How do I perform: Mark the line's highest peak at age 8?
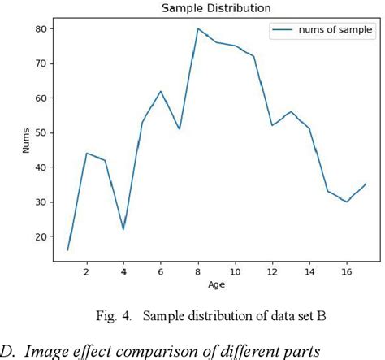coord(198,28)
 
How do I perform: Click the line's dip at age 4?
coord(123,229)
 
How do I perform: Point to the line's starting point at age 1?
coord(67,250)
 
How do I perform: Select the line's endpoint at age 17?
coord(366,184)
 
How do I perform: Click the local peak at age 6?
coord(161,91)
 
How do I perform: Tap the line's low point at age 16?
coord(347,202)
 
